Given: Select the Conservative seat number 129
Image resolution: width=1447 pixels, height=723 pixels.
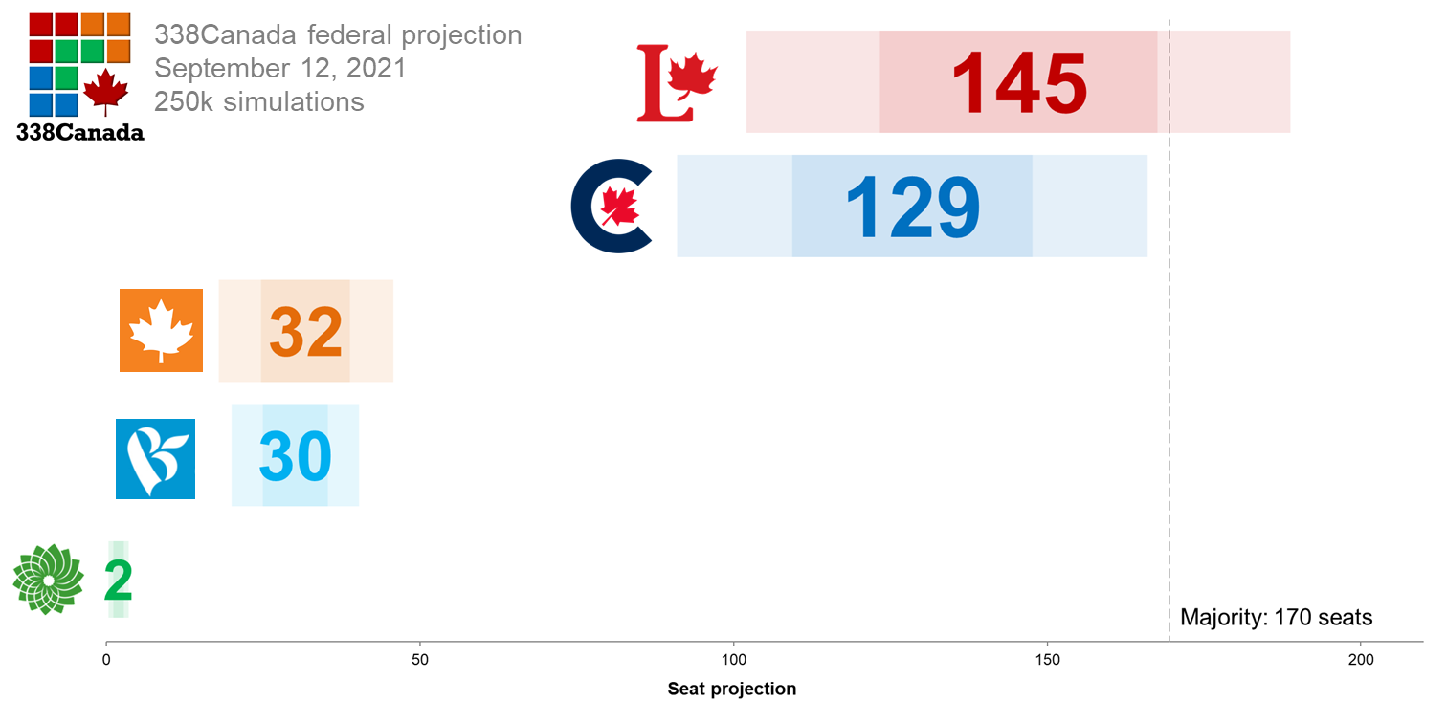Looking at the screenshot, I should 912,207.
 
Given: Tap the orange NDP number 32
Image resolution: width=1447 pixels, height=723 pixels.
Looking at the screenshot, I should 305,331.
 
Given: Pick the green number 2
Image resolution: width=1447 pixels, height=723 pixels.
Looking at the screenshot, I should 118,580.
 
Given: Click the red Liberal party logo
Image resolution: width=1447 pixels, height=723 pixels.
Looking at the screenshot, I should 677,84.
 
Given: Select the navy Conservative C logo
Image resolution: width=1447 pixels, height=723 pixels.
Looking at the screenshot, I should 612,207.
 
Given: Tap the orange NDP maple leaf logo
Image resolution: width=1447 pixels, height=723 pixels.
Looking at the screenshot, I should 161,330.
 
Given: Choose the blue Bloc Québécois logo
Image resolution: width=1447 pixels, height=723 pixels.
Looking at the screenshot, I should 155,459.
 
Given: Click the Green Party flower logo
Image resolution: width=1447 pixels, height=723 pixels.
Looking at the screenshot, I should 48,580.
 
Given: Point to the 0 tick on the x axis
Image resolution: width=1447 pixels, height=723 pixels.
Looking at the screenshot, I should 106,660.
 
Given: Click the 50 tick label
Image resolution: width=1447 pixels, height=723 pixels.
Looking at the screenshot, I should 419,660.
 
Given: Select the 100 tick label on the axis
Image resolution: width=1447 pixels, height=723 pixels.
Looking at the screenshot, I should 733,660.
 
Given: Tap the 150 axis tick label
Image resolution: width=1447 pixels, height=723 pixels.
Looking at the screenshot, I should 1047,660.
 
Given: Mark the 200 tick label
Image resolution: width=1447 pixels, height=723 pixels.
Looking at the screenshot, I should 1361,660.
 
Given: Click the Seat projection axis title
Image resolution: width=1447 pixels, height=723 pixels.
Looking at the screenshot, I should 731,689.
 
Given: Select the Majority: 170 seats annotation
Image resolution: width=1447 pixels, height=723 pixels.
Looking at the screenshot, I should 1276,617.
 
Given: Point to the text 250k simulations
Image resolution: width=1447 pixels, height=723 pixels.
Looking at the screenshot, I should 259,101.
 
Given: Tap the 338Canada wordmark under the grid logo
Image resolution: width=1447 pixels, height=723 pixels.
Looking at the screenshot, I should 80,133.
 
